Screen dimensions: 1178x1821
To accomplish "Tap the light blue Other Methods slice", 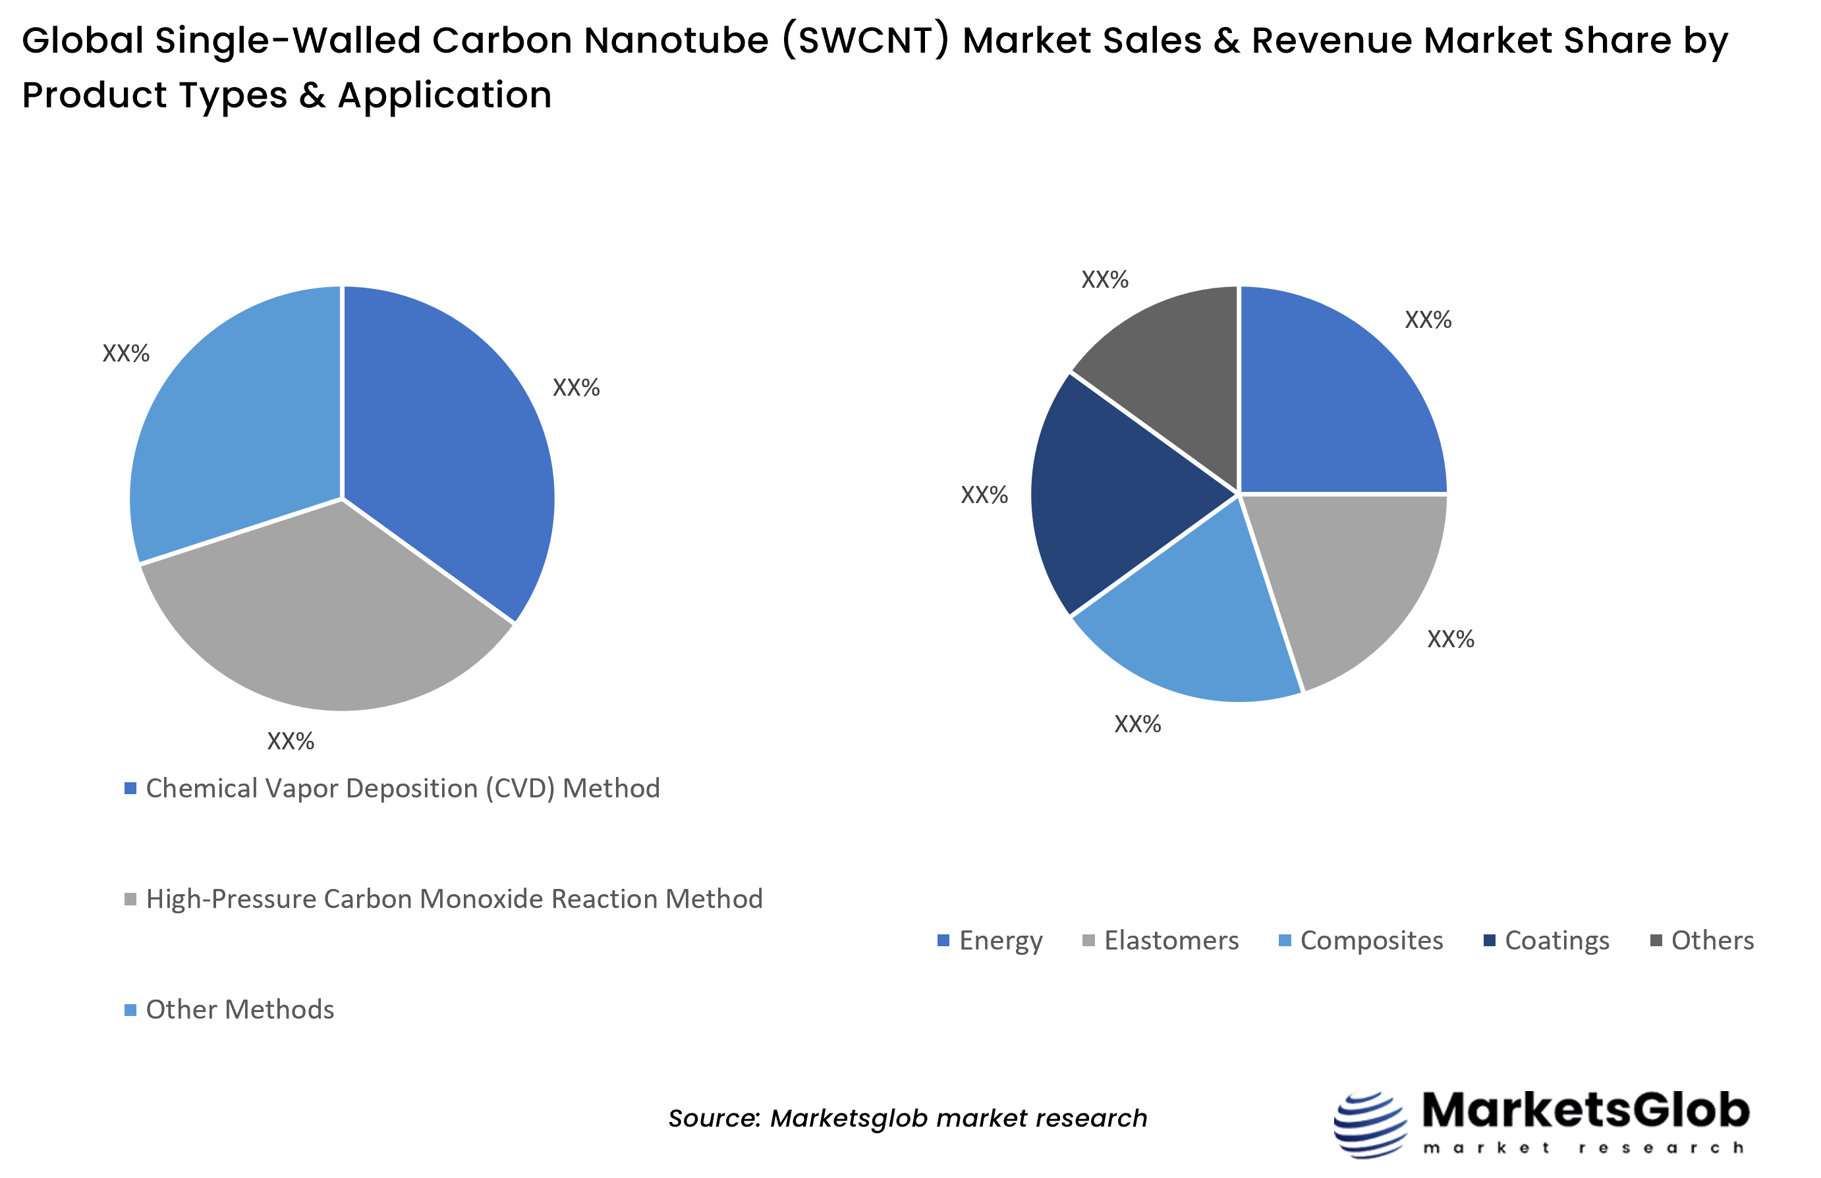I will point(237,429).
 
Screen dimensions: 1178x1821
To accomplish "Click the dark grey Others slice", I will point(1171,360).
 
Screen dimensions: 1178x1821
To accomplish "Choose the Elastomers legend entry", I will point(1171,940).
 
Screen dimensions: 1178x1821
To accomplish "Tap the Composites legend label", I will point(1371,940).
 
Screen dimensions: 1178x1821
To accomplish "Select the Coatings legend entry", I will point(1556,940).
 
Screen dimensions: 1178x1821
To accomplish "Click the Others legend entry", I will point(1712,940).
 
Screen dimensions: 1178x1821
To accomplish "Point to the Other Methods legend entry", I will point(240,1009).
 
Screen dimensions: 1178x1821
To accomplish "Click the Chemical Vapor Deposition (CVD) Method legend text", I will point(403,789).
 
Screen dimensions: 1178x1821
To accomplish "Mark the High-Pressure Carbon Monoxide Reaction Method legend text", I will point(454,899).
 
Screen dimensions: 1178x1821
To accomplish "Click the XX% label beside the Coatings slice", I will point(984,495).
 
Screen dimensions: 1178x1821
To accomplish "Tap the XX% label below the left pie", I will point(290,741).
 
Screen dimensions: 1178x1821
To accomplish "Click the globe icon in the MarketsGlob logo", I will point(1370,1125).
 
